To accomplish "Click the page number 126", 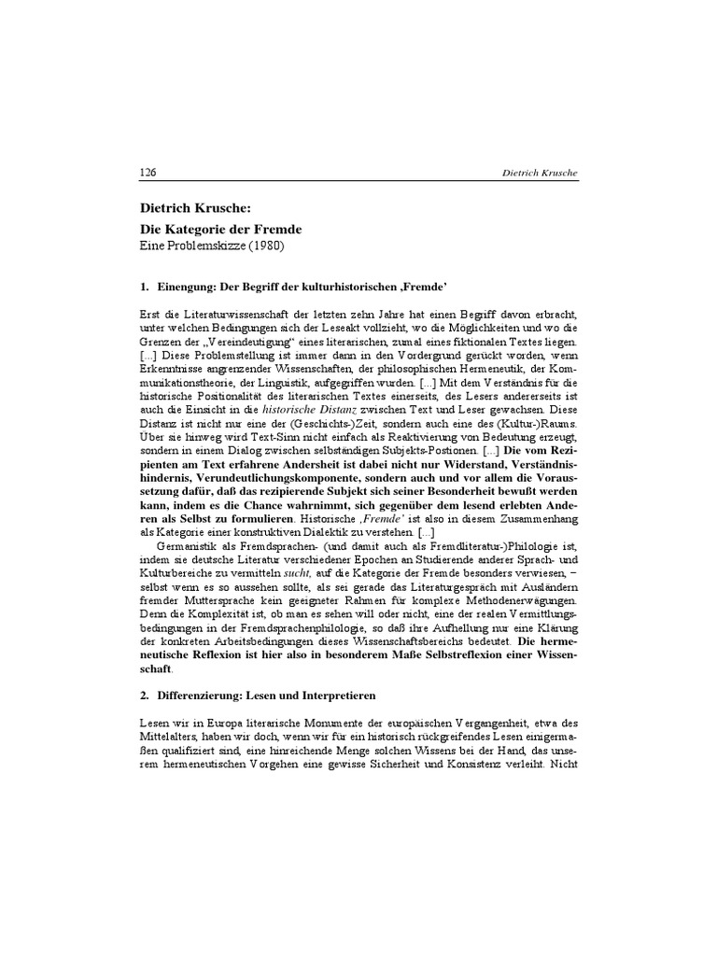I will coord(147,173).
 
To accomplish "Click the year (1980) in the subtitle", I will coord(266,246).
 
